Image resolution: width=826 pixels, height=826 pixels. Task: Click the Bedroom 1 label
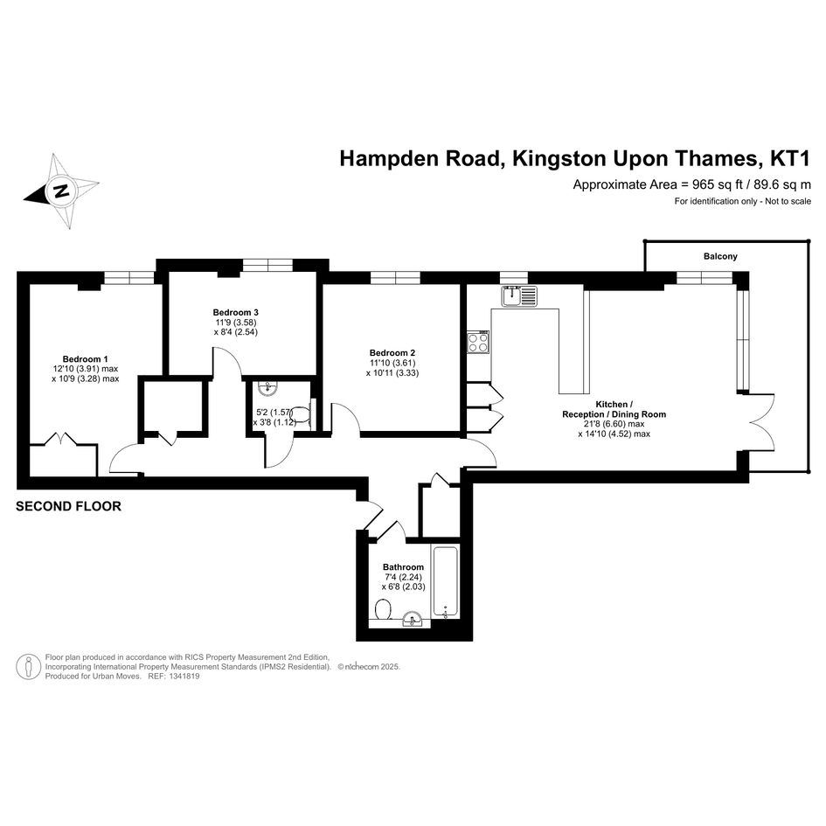point(86,359)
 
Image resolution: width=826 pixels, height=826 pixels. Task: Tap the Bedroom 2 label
point(392,353)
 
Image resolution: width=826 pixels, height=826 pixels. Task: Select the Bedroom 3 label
point(235,312)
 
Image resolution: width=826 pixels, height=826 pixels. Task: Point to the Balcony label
point(720,257)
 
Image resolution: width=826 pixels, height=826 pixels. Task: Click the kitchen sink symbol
point(519,295)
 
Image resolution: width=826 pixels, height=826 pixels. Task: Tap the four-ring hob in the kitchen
point(478,342)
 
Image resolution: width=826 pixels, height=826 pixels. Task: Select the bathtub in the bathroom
point(446,582)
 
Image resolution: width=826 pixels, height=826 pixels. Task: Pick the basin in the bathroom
point(413,619)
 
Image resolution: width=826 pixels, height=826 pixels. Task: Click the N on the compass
point(62,191)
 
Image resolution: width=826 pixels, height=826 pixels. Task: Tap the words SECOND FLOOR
point(68,506)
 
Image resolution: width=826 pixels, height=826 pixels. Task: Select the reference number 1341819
point(184,677)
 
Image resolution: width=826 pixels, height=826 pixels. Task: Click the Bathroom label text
point(403,567)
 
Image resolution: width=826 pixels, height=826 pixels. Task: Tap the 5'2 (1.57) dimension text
point(274,413)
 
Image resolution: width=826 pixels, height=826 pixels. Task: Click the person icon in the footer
point(29,667)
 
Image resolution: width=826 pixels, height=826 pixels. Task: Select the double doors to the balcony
point(760,421)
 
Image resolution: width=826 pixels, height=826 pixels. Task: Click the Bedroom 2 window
point(395,278)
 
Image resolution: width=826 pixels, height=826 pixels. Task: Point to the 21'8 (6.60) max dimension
point(614,424)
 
